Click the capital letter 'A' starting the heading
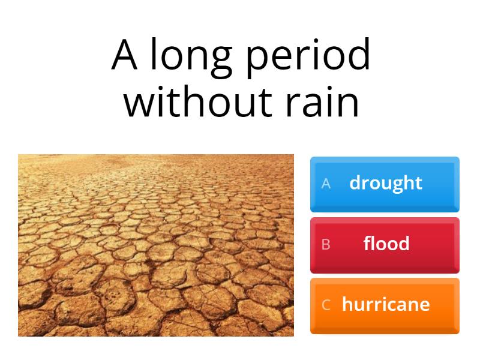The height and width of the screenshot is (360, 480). [125, 56]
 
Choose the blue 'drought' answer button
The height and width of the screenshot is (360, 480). [385, 184]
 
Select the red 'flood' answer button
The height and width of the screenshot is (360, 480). [385, 245]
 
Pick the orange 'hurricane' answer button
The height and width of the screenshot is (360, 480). [385, 305]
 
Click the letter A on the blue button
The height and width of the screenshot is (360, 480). [326, 184]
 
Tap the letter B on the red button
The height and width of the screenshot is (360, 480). [326, 244]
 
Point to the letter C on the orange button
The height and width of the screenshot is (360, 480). [326, 305]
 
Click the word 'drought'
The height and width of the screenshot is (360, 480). [386, 183]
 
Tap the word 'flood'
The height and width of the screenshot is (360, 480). [386, 244]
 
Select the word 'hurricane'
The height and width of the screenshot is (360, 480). [386, 304]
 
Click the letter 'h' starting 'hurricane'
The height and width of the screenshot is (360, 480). [347, 304]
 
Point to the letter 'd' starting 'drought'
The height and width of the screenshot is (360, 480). [355, 182]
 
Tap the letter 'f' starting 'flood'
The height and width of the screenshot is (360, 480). [367, 243]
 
